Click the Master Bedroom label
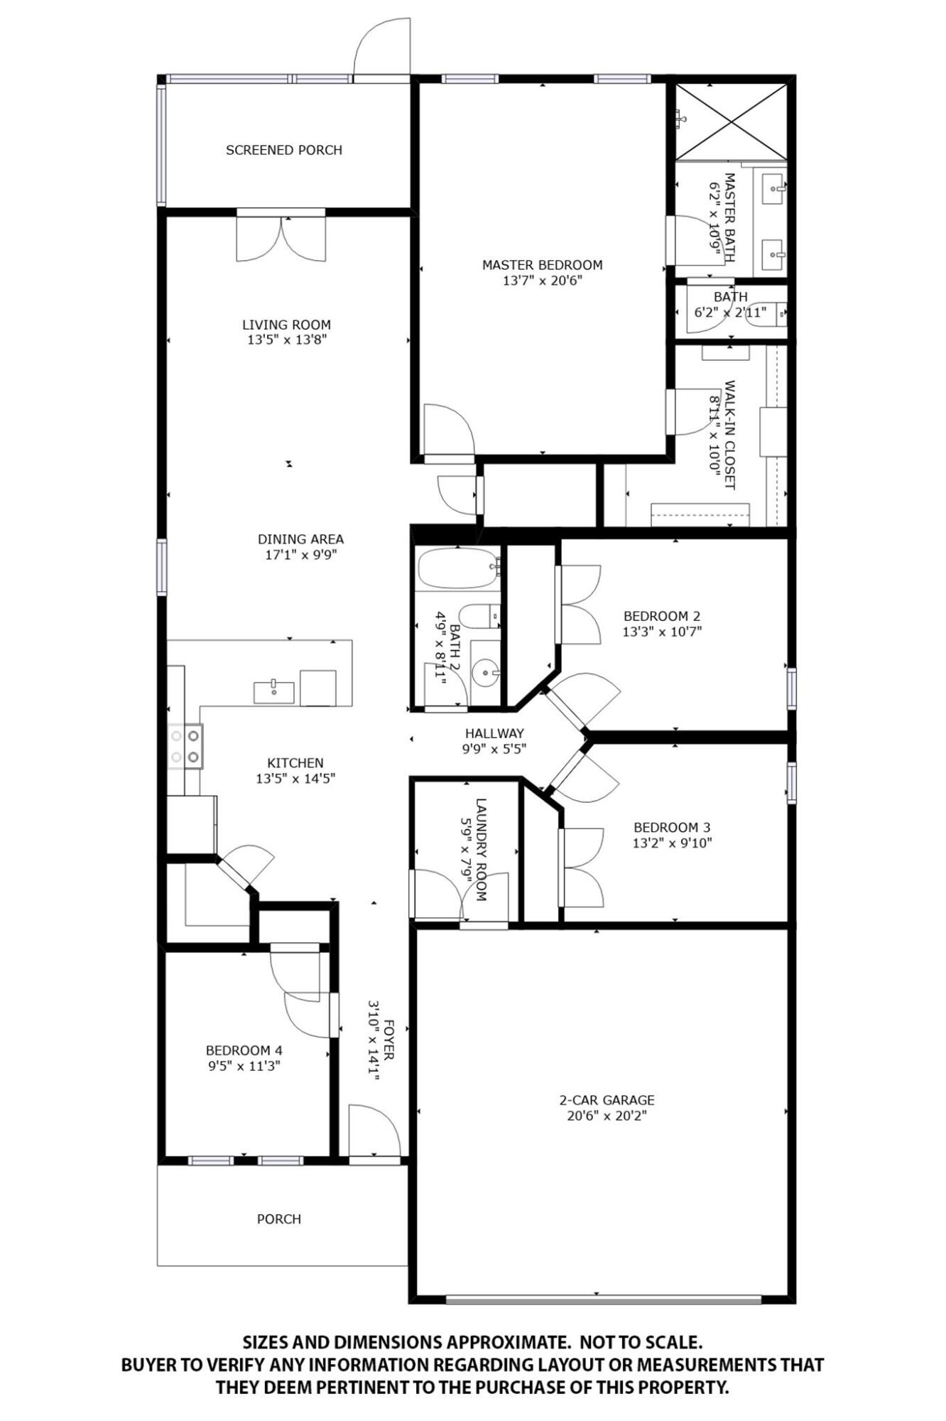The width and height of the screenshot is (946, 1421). pyautogui.click(x=542, y=265)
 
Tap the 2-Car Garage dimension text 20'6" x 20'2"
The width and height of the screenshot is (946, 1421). pyautogui.click(x=607, y=1115)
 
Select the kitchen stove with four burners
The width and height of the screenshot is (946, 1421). pyautogui.click(x=185, y=746)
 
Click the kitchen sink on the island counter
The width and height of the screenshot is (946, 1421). pyautogui.click(x=274, y=691)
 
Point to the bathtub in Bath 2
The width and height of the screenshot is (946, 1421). pyautogui.click(x=458, y=568)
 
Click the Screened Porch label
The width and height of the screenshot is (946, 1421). pyautogui.click(x=284, y=150)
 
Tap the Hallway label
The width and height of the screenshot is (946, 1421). pyautogui.click(x=494, y=733)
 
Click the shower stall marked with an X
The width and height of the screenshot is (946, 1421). pyautogui.click(x=731, y=121)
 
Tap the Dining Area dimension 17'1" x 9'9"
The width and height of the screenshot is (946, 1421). pyautogui.click(x=300, y=555)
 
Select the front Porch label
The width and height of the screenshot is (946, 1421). pyautogui.click(x=279, y=1219)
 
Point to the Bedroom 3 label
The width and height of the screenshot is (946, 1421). pyautogui.click(x=672, y=827)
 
